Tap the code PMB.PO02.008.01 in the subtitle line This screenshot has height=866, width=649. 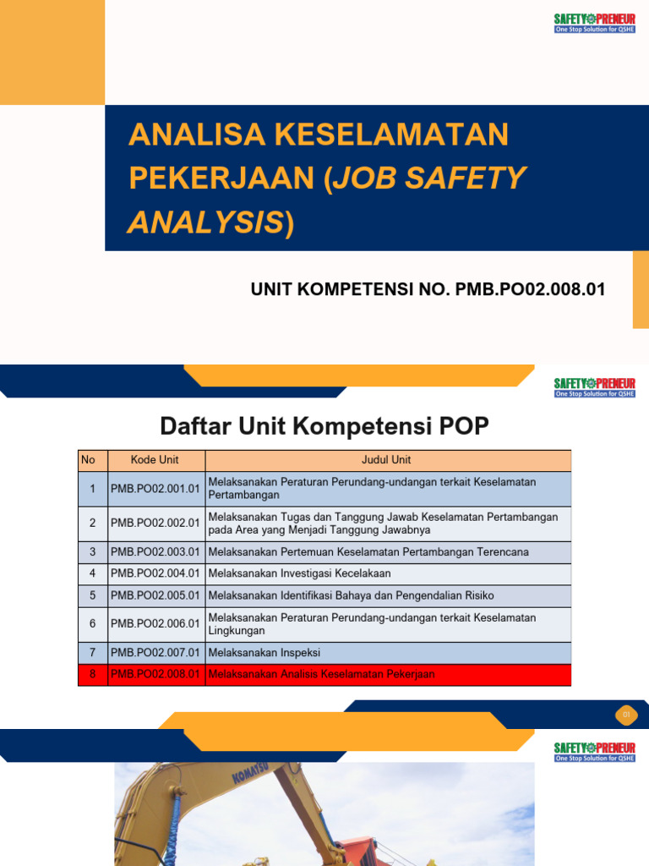531,289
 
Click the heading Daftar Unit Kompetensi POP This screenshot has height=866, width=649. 324,426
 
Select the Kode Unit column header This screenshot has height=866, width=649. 155,460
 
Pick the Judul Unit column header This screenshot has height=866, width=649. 387,460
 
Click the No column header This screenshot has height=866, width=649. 88,460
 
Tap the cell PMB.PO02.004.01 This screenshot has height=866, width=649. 155,573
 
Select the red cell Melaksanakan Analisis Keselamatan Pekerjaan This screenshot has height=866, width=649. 321,674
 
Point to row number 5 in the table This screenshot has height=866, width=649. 92,595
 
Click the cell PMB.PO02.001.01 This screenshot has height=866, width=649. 155,488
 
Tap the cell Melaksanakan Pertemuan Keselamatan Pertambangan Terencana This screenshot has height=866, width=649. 368,552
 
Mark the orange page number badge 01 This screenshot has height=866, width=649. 626,715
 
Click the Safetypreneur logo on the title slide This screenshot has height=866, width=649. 594,23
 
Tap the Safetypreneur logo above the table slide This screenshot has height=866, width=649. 594,387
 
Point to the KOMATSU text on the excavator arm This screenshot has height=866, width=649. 251,776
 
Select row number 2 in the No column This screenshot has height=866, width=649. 92,523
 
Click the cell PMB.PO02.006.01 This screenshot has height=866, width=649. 155,624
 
